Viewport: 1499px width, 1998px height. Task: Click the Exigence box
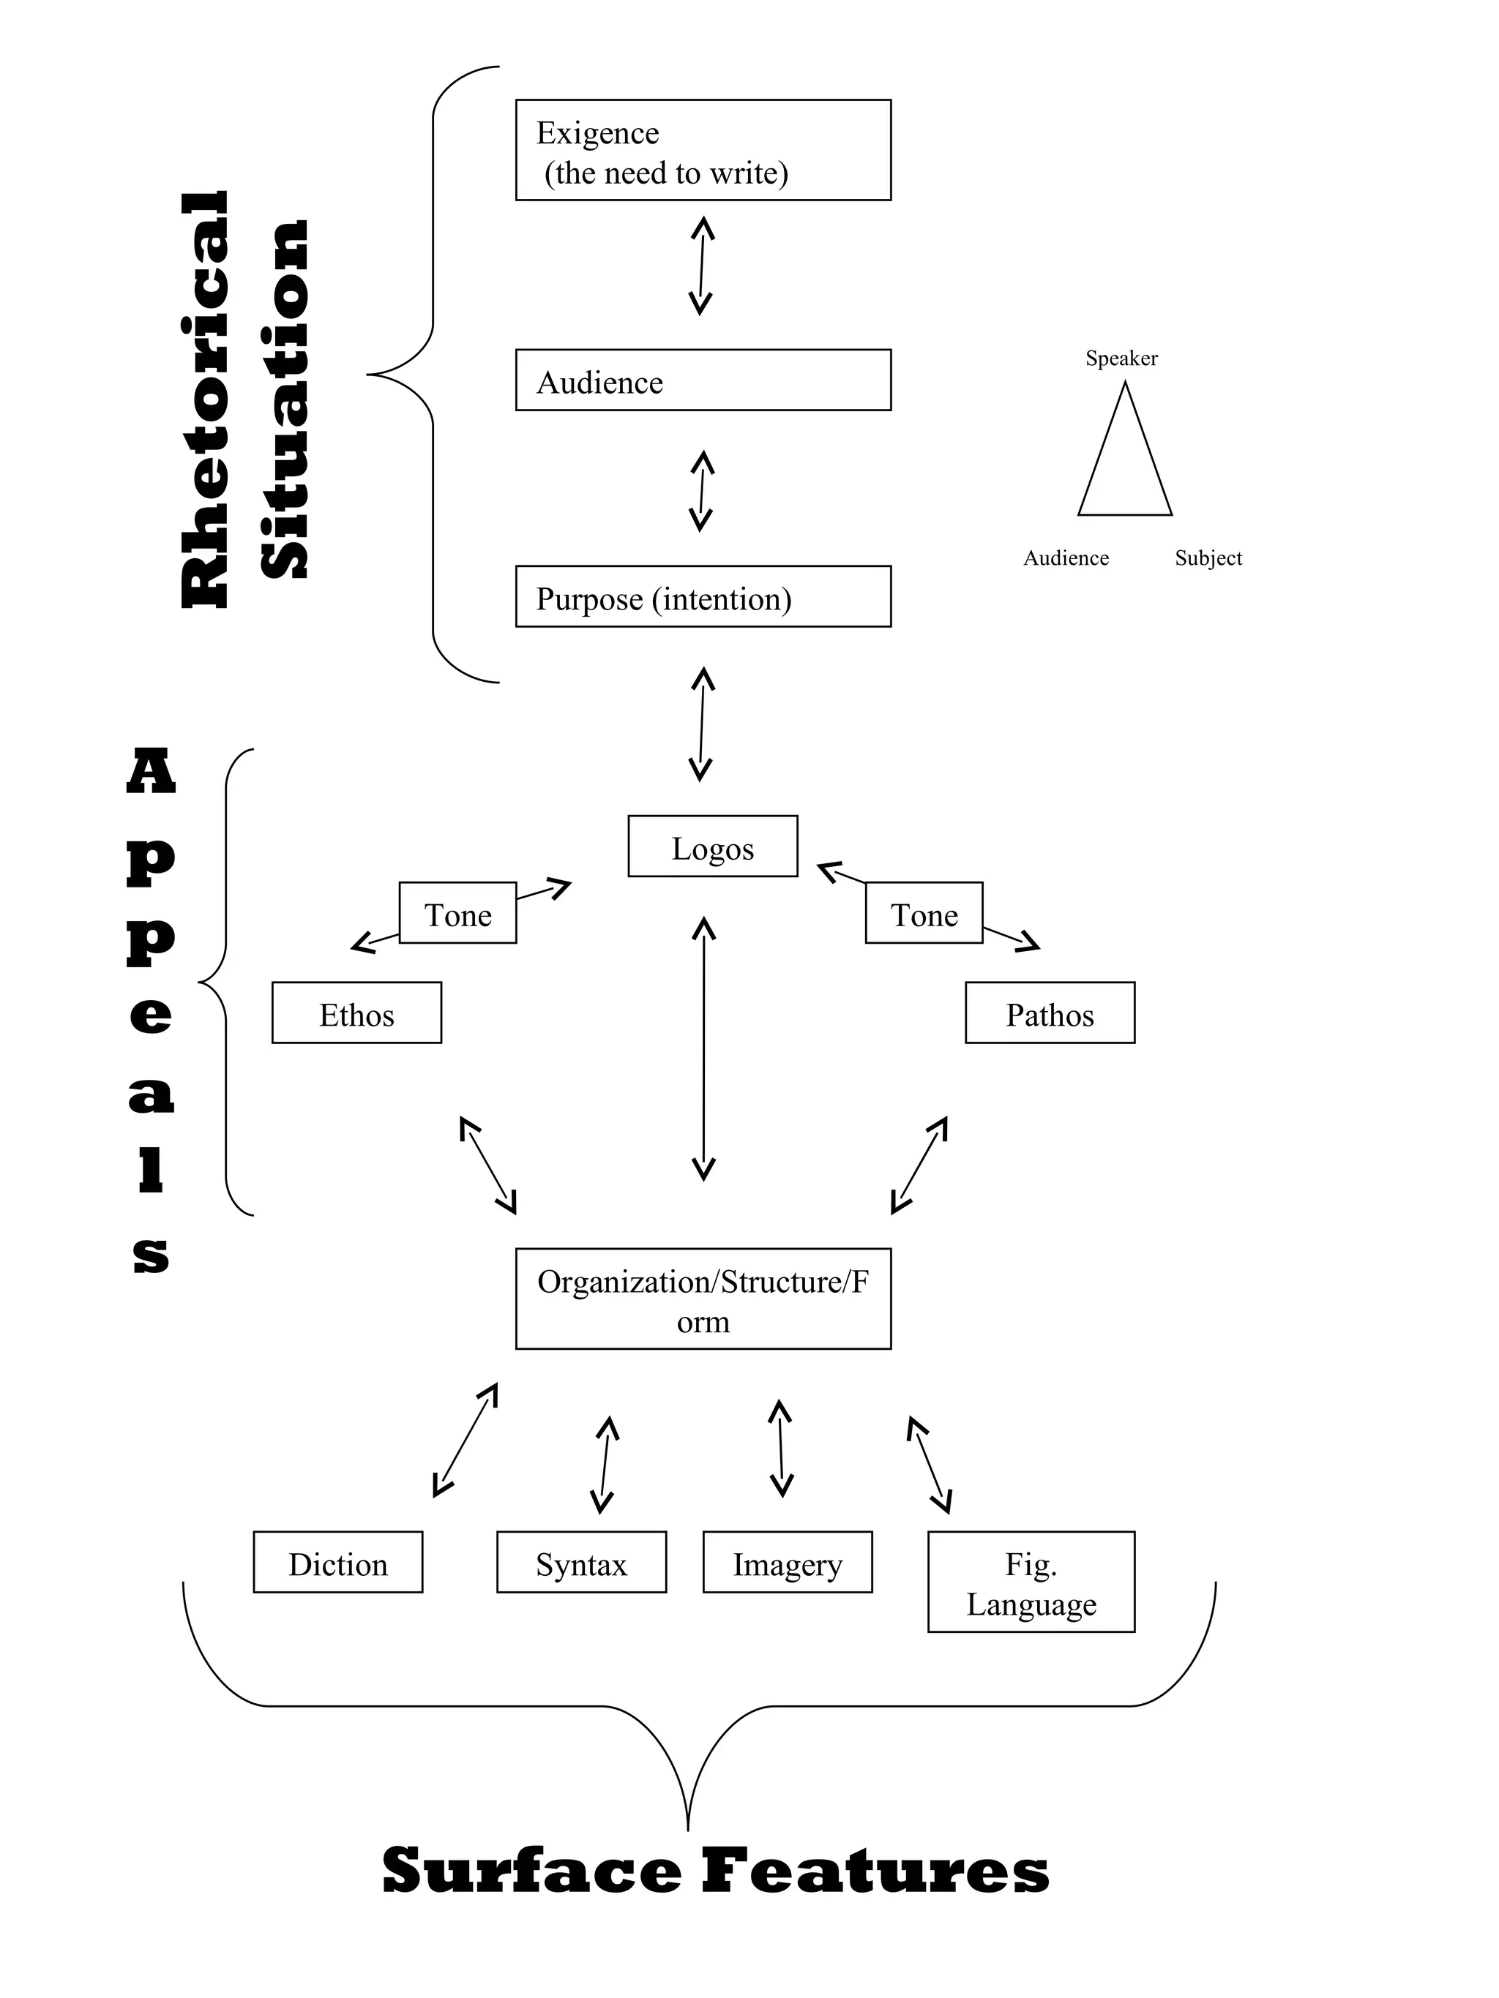[702, 150]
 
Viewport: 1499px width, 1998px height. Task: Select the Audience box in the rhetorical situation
[702, 380]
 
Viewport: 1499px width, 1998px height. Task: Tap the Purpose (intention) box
[702, 596]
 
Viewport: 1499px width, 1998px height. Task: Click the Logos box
[712, 846]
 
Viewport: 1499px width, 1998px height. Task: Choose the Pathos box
[1049, 1013]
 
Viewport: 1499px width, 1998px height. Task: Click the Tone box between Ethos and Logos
[457, 913]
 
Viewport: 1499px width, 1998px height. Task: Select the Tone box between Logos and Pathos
[924, 913]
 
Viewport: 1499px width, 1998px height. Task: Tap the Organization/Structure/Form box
[702, 1299]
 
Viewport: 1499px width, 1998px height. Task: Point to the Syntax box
[581, 1562]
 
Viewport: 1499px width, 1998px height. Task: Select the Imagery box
[787, 1562]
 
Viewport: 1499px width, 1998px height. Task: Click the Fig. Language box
[1031, 1582]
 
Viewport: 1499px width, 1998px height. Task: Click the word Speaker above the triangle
[1121, 358]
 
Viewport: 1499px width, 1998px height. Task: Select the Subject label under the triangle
[1208, 558]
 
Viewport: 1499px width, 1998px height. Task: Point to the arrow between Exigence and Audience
[701, 266]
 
